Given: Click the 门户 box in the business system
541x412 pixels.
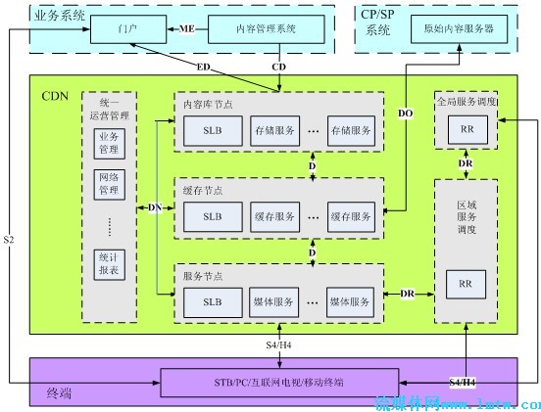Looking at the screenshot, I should click(127, 30).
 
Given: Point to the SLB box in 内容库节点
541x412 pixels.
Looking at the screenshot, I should click(212, 129).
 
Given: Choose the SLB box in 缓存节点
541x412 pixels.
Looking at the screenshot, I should click(212, 215).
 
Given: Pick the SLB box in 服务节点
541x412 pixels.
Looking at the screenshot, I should click(212, 301).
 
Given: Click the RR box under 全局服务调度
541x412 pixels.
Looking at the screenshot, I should click(465, 128).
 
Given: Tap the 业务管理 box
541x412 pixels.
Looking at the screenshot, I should click(108, 143).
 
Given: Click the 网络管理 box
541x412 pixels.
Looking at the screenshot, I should click(108, 183).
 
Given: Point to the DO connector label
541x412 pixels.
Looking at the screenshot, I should click(406, 114).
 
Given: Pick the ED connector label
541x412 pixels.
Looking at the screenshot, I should click(203, 67).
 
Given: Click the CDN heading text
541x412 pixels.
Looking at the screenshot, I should click(55, 96).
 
